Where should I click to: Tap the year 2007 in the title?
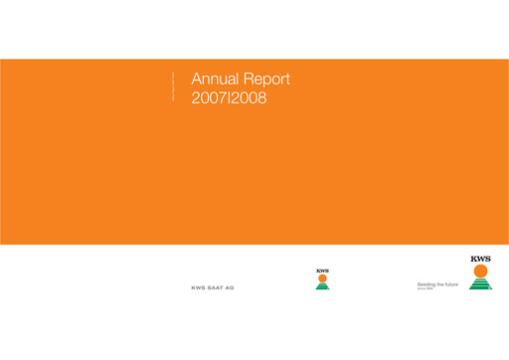coord(208,98)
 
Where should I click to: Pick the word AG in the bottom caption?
coord(230,288)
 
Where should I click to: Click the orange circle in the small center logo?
coord(322,278)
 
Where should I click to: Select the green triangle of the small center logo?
coord(322,286)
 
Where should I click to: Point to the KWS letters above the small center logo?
coord(322,270)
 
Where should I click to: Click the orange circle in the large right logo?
coord(481,271)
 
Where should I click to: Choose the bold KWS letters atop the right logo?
coord(481,260)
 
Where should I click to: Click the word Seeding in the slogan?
coord(426,283)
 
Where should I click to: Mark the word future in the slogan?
coord(451,283)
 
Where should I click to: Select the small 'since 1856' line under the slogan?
coord(424,289)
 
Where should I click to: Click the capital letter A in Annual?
coord(195,80)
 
